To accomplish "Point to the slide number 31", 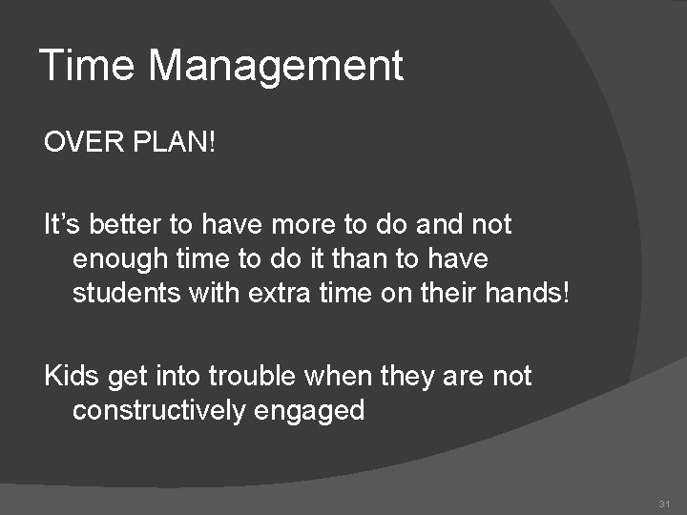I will (664, 503).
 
